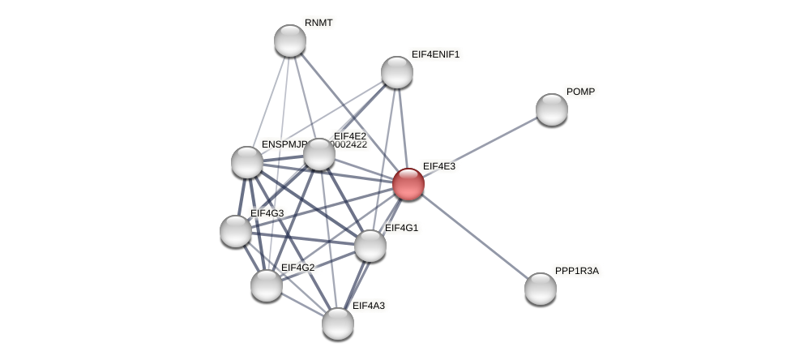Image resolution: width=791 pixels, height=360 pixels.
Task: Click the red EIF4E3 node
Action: (408, 184)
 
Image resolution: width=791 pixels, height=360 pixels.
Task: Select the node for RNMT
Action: (290, 41)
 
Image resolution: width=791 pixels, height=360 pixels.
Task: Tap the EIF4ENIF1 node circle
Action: (397, 72)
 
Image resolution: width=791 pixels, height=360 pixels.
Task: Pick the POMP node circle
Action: (552, 109)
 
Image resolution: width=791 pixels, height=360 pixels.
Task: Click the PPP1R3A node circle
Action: (541, 289)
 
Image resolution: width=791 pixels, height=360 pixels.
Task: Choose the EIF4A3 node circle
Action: (338, 324)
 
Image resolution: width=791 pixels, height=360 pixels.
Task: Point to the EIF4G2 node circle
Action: (267, 285)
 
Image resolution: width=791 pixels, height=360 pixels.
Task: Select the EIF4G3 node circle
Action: (236, 231)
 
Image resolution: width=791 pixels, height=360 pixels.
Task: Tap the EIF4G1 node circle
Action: (370, 246)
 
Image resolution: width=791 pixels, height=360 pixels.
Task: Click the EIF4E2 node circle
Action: (319, 154)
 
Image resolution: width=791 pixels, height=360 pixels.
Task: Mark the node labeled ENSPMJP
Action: (247, 162)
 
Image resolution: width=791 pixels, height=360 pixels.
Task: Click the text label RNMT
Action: (319, 23)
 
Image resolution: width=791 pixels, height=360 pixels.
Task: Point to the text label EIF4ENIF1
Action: (435, 54)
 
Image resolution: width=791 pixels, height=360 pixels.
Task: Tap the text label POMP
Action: (580, 92)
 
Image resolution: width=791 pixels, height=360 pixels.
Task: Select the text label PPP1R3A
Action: (576, 271)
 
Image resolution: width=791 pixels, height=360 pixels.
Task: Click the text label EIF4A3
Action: (369, 306)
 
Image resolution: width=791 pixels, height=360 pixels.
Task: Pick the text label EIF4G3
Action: (267, 213)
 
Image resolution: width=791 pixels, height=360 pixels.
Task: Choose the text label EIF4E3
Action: (438, 166)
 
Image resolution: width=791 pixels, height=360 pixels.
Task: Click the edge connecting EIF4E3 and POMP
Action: (480, 147)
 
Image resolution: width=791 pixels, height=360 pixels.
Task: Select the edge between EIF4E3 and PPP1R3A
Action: (474, 236)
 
